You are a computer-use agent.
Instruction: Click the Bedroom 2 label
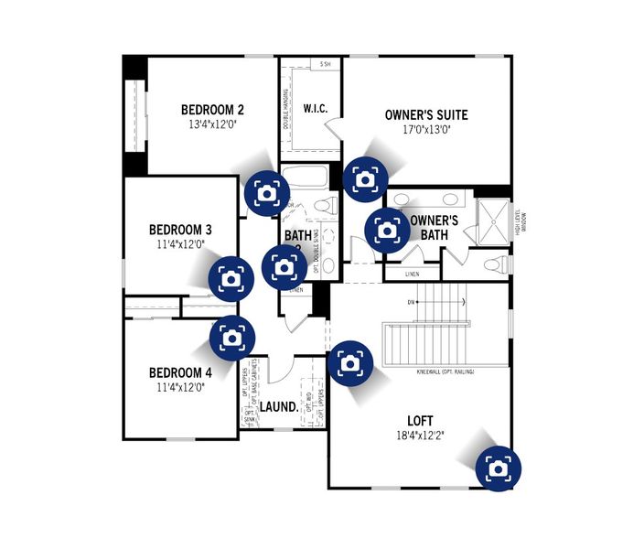[212, 108]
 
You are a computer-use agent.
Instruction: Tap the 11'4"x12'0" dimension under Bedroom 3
[180, 244]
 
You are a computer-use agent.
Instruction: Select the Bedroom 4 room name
[180, 372]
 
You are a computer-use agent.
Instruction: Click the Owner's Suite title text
[413, 114]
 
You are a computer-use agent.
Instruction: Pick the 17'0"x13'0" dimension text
[413, 130]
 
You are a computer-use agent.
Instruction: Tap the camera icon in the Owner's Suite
[365, 178]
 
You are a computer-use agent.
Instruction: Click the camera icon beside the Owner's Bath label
[387, 230]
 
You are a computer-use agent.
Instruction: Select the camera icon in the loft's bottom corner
[498, 468]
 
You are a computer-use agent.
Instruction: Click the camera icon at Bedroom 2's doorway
[266, 193]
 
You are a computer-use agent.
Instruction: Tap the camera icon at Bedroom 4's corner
[232, 338]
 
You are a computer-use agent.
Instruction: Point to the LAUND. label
[278, 405]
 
